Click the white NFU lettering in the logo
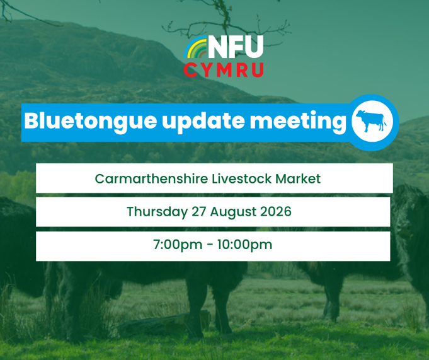coord(236,47)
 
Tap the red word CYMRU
coord(224,70)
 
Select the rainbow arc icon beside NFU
coord(196,47)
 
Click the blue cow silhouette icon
coord(371,120)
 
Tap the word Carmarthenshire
coord(151,179)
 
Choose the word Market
coord(298,179)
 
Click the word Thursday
coord(157,212)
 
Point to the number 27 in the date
coord(198,212)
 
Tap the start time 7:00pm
coord(178,245)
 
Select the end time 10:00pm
coord(245,245)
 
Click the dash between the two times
coord(210,245)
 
